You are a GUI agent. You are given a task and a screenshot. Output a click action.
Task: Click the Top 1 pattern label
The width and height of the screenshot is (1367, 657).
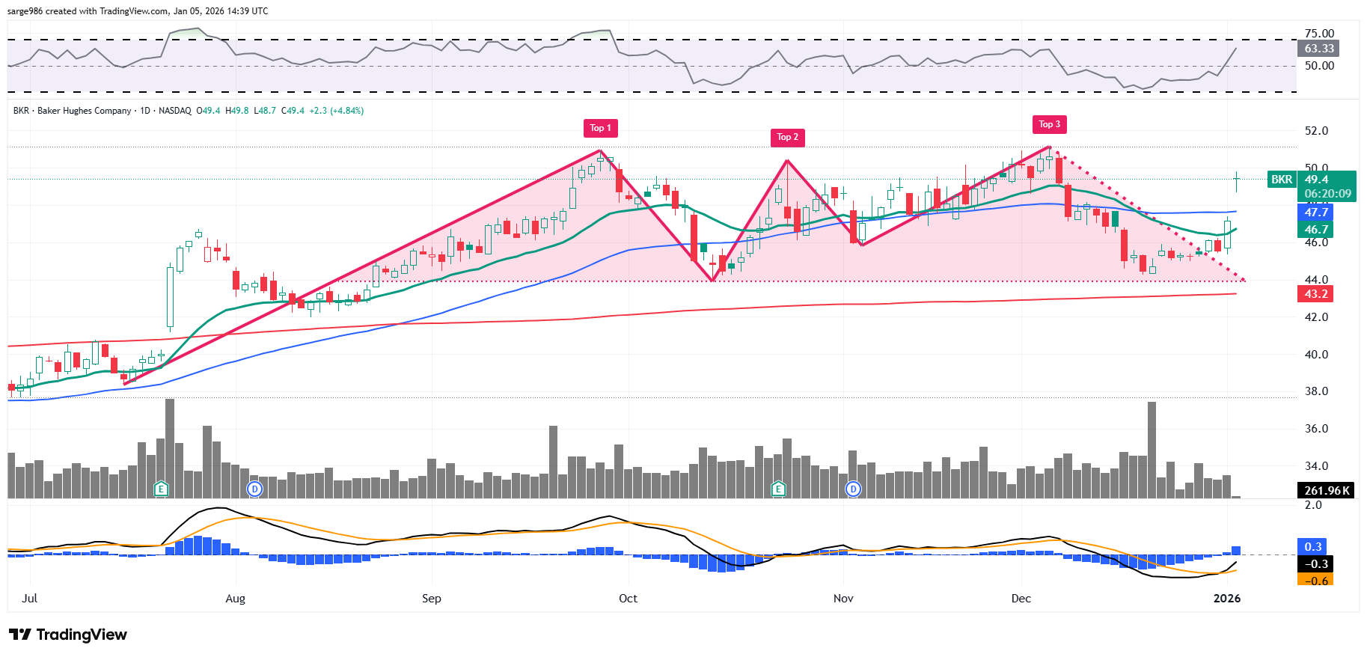pyautogui.click(x=600, y=128)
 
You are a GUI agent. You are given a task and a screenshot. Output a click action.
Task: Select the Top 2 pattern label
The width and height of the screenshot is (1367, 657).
pyautogui.click(x=787, y=137)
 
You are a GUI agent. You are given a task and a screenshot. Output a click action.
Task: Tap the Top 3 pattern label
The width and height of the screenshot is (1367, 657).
pyautogui.click(x=1049, y=124)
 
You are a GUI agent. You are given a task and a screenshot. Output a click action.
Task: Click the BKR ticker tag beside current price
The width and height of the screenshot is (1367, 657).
pyautogui.click(x=1282, y=180)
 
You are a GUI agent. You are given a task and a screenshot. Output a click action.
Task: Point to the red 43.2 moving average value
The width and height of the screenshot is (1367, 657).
pyautogui.click(x=1315, y=294)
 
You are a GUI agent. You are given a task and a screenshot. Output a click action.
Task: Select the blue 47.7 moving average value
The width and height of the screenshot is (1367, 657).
pyautogui.click(x=1315, y=213)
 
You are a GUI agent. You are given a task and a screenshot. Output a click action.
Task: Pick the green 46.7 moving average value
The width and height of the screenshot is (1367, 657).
pyautogui.click(x=1315, y=230)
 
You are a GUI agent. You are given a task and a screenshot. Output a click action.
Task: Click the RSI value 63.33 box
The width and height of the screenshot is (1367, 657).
pyautogui.click(x=1318, y=49)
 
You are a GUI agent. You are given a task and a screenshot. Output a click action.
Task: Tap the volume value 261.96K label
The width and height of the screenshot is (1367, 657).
pyautogui.click(x=1327, y=491)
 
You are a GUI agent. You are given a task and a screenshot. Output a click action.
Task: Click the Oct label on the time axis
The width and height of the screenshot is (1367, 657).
pyautogui.click(x=628, y=599)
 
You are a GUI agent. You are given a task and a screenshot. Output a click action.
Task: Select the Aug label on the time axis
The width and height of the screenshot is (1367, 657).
pyautogui.click(x=235, y=599)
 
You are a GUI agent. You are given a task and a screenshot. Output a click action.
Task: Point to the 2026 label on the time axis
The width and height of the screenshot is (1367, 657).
pyautogui.click(x=1226, y=599)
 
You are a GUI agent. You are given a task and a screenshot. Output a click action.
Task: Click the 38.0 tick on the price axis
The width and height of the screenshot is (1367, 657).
pyautogui.click(x=1316, y=391)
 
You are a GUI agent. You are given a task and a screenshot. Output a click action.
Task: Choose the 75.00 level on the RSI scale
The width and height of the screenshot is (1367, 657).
pyautogui.click(x=1319, y=34)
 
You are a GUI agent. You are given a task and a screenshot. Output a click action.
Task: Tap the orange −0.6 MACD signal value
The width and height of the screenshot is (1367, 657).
pyautogui.click(x=1315, y=581)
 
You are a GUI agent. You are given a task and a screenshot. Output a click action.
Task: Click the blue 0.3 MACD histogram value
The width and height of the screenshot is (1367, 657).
pyautogui.click(x=1313, y=547)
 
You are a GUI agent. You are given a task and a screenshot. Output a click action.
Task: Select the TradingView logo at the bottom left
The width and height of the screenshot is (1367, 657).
pyautogui.click(x=68, y=635)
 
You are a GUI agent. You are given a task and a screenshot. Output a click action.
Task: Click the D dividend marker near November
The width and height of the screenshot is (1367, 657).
pyautogui.click(x=853, y=489)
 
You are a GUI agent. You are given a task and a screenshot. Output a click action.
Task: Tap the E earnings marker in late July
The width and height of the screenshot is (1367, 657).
pyautogui.click(x=160, y=489)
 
